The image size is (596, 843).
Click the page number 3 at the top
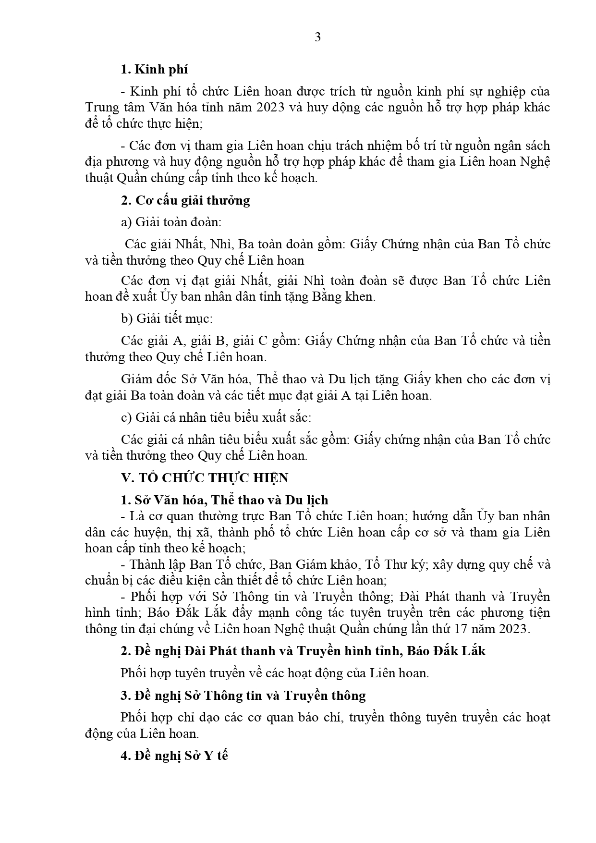[317, 37]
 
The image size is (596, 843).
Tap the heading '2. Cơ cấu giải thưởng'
[185, 200]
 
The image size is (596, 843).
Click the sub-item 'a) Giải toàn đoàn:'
[171, 222]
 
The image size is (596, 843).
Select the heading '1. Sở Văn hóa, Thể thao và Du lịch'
[224, 500]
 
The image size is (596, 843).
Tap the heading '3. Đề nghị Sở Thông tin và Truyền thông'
[243, 695]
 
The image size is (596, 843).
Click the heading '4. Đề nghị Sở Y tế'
[174, 756]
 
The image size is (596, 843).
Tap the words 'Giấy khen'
[429, 379]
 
